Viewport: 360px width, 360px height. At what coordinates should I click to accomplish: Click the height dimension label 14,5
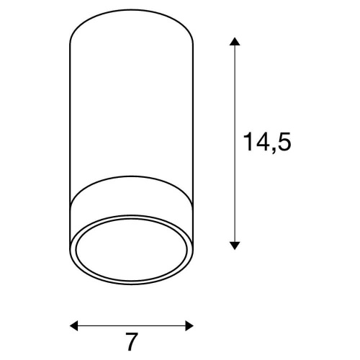(267, 143)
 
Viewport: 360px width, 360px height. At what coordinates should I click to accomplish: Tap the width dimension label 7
(132, 341)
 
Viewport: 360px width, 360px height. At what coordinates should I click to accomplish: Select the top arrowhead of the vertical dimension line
(235, 41)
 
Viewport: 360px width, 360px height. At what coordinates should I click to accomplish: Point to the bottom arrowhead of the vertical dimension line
(235, 246)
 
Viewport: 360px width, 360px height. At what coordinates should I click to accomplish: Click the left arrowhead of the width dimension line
(73, 325)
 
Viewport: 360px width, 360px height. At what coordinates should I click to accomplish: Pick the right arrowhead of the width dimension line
(189, 325)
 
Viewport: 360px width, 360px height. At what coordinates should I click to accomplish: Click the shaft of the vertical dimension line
(235, 143)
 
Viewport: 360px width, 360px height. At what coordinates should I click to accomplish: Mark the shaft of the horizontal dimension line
(132, 325)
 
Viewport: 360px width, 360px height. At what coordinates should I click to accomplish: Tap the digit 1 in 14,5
(248, 141)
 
